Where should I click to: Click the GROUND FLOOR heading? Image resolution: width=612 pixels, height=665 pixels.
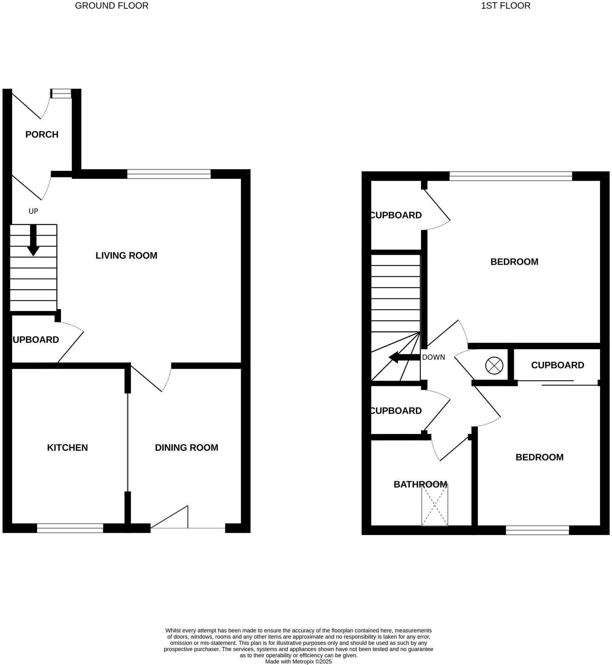tap(111, 6)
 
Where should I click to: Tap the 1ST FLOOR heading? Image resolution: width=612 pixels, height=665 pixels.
tap(506, 6)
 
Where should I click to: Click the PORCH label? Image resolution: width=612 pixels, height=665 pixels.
tap(42, 134)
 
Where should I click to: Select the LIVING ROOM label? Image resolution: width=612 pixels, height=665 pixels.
tap(126, 256)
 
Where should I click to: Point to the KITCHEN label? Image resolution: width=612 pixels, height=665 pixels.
tap(67, 448)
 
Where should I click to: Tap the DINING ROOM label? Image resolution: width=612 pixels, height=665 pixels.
tap(186, 448)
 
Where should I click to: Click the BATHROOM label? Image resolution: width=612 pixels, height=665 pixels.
tap(420, 484)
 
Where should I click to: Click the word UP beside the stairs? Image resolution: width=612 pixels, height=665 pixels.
tap(33, 211)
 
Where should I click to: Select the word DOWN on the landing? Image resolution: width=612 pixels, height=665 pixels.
tap(433, 357)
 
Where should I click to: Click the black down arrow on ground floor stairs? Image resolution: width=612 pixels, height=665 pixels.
tap(33, 240)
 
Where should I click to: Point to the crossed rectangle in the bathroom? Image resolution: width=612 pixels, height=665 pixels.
tap(434, 506)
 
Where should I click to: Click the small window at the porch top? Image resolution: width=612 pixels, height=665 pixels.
tap(61, 93)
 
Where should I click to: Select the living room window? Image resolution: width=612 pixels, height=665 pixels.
tap(169, 174)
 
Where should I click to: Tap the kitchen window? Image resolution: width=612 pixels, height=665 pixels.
tap(70, 528)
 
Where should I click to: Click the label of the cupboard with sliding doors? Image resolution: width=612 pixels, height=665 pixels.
tap(557, 365)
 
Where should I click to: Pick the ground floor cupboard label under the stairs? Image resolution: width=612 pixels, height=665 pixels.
tap(36, 340)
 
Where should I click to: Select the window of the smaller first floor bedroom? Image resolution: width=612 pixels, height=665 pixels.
tap(537, 530)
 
